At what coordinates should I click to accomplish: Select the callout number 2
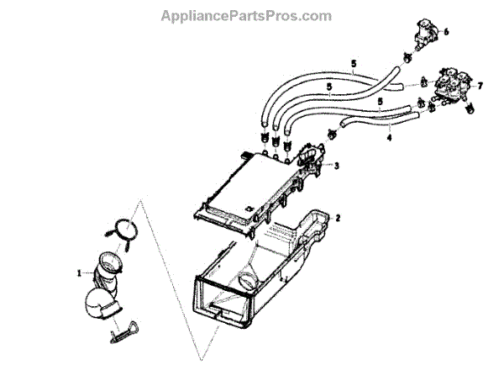coord(338,218)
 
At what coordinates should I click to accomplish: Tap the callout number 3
coord(337,166)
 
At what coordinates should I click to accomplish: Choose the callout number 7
coord(480,86)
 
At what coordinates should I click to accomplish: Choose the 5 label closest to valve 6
coord(354,64)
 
